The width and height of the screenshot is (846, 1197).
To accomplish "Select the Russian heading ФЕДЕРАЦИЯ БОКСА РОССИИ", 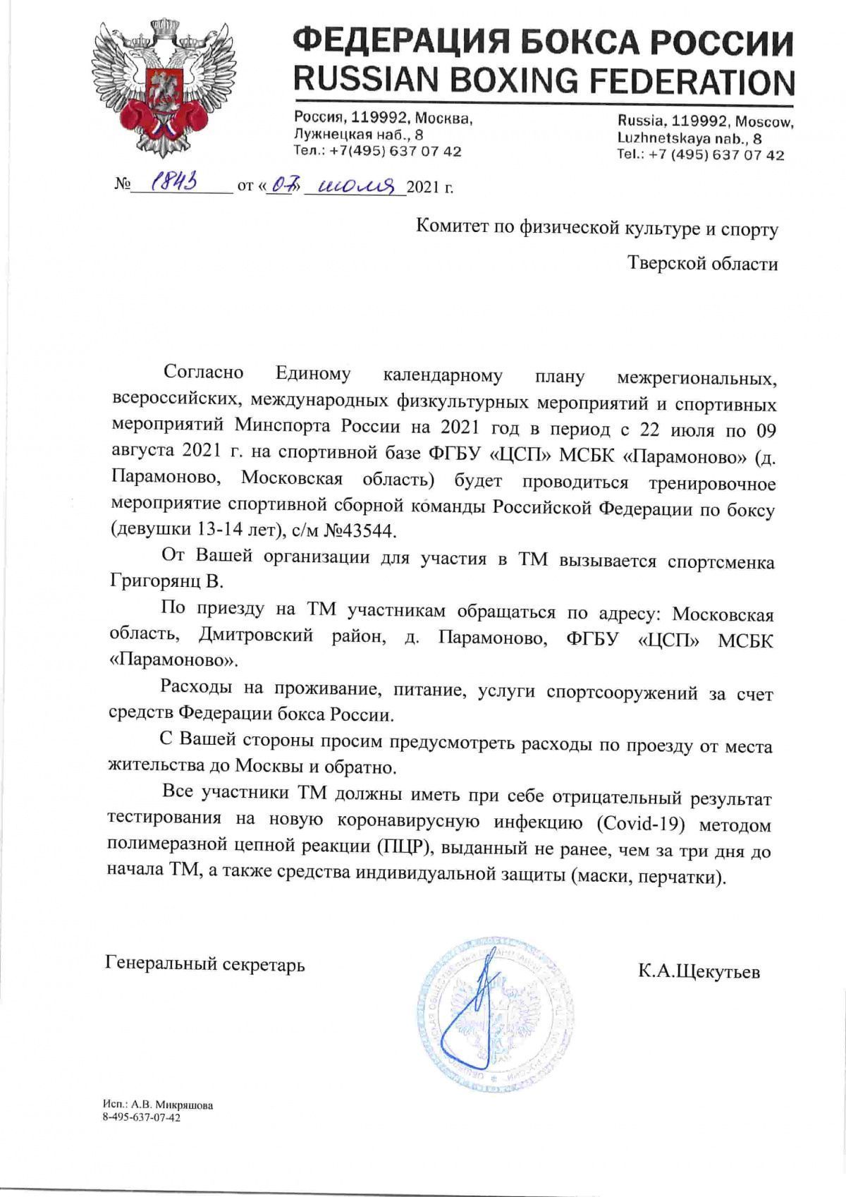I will click(544, 43).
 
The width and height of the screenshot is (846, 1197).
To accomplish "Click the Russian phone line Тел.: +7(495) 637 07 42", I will click(378, 151).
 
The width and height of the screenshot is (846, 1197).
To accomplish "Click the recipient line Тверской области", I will click(703, 264).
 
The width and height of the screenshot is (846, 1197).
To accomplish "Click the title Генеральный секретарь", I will click(205, 964).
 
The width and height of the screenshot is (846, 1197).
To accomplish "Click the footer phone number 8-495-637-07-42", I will click(141, 1117).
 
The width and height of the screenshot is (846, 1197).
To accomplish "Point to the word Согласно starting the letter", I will click(203, 373).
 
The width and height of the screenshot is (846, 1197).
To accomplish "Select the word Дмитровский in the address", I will click(255, 636).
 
